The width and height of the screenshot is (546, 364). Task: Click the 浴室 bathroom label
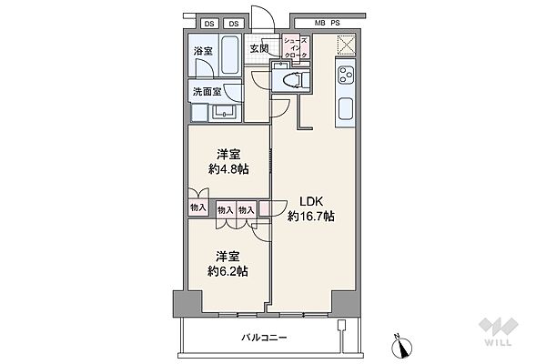coord(203,52)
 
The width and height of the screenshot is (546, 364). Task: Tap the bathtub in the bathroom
coord(230,54)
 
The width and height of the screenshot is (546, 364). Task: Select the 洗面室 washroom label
coord(207,92)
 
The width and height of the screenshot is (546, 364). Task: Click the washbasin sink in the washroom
coord(224,111)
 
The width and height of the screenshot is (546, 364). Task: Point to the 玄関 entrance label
coord(259,48)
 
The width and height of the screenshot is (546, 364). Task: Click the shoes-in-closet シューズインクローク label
coord(296,47)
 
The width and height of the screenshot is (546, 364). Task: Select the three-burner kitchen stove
coord(345,76)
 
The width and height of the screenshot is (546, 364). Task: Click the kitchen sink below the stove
coord(345,108)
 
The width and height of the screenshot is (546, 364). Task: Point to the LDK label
coord(311,201)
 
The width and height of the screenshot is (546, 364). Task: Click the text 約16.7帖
coord(311,217)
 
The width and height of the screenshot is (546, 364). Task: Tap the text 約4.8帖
coord(228,169)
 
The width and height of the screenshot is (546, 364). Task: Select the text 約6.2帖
coord(227,271)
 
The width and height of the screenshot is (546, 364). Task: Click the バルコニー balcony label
coord(264,338)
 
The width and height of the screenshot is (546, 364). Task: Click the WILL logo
coord(499,332)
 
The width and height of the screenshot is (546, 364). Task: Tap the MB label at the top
coord(319,24)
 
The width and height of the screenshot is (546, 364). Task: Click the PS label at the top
coord(335,24)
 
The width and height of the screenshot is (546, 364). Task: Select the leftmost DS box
coord(209,24)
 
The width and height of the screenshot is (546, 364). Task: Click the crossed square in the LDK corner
coord(346,45)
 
